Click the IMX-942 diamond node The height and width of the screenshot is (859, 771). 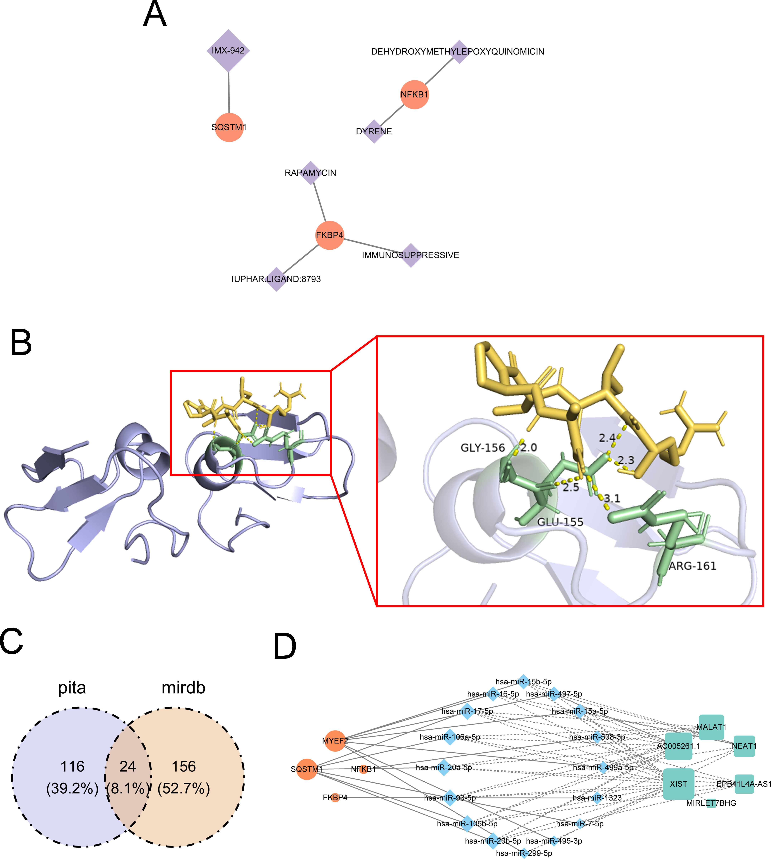tap(228, 51)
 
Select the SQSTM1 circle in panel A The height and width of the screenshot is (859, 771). tap(229, 127)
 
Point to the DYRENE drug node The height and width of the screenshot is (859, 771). tap(374, 132)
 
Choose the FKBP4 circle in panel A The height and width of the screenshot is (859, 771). tap(330, 235)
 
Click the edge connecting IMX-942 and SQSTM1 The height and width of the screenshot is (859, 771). tap(229, 92)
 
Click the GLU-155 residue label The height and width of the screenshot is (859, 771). tap(560, 522)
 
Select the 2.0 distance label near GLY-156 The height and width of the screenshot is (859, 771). tap(529, 447)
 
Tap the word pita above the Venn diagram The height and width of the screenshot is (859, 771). tap(72, 688)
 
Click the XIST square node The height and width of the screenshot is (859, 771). tap(679, 784)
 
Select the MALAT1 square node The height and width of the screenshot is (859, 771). tap(711, 727)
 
